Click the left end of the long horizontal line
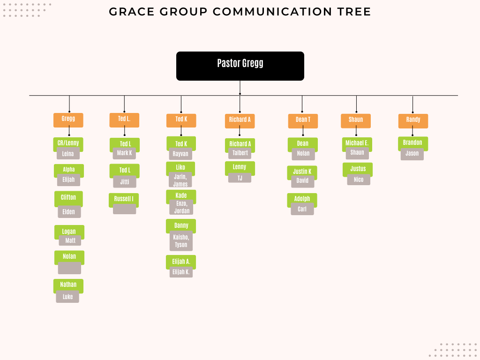[x=30, y=96]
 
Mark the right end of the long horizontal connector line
[x=458, y=96]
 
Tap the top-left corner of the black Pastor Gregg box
[x=177, y=52]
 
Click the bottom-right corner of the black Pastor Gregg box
[x=304, y=81]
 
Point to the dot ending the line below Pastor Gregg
[x=240, y=94]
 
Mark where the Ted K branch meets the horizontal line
[x=181, y=96]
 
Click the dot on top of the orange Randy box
[x=412, y=112]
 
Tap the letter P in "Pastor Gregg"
[x=219, y=63]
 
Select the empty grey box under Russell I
[x=125, y=209]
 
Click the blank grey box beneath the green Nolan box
[x=69, y=268]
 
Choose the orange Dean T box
[x=303, y=121]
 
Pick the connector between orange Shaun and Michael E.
[x=356, y=132]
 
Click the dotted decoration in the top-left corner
[x=27, y=10]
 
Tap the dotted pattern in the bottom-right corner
[x=454, y=350]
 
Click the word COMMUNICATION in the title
[x=272, y=12]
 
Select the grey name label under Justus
[x=359, y=180]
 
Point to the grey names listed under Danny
[x=181, y=241]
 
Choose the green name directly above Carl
[x=302, y=199]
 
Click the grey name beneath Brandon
[x=412, y=154]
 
